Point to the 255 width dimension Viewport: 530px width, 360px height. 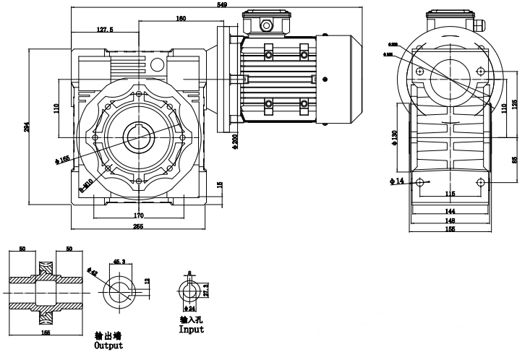coord(138,227)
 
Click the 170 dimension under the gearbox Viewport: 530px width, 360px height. coord(138,215)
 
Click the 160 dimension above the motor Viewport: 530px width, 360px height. coord(181,19)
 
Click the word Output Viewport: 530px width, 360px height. coord(110,346)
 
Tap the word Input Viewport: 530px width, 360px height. coord(192,330)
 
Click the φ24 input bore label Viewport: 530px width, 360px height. coord(192,307)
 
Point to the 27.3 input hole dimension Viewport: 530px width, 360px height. coord(206,290)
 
